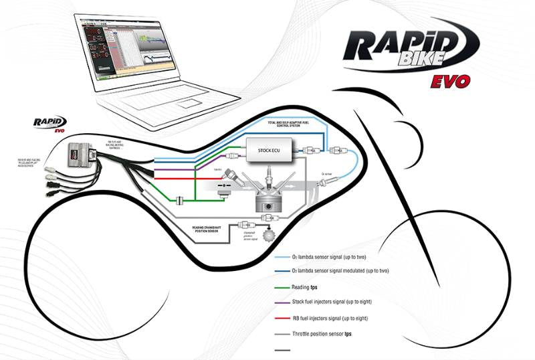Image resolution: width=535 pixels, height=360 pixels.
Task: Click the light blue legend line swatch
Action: click(286, 258)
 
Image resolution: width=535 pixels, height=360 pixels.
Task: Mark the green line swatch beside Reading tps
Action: click(286, 288)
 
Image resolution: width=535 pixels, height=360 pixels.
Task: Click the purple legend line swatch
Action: click(286, 302)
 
